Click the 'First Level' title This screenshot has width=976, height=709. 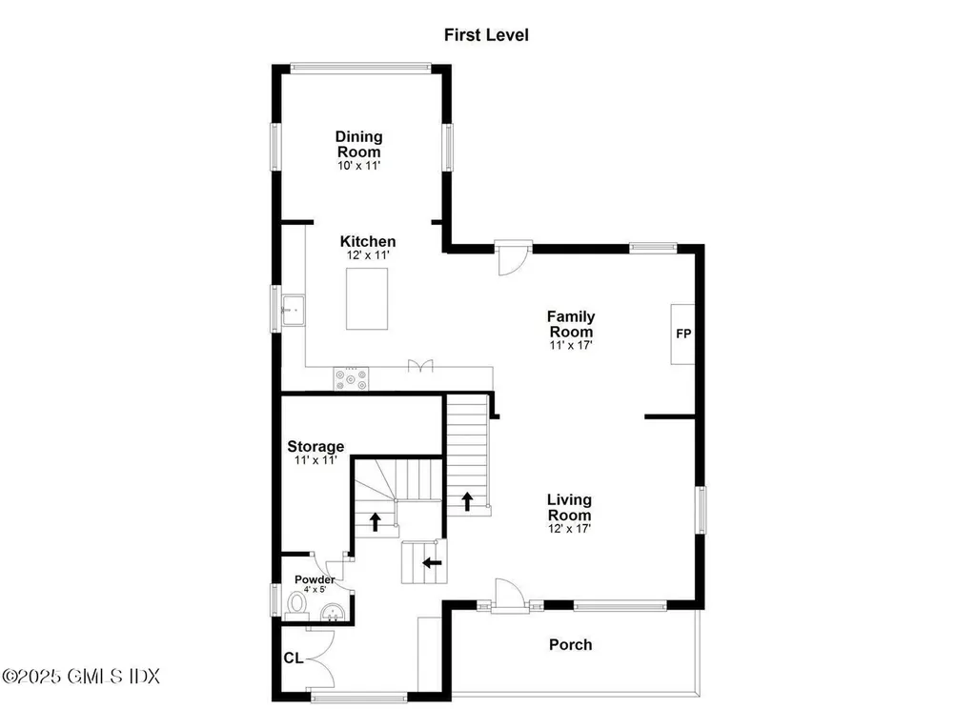coord(486,35)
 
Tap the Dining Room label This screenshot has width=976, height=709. coord(358,144)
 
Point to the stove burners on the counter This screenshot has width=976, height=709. coord(350,379)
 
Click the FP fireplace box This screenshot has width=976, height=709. coord(682,334)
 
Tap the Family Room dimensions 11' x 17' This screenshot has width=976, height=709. coord(570,346)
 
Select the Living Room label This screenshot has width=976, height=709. coord(569,507)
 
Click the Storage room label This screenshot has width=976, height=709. coord(315,446)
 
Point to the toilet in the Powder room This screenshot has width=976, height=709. coord(296,603)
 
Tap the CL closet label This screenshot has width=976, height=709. coord(293,658)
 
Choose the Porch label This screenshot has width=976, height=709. coord(570,645)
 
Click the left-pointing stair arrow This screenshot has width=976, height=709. coord(432,562)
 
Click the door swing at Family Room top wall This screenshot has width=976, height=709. coord(513,258)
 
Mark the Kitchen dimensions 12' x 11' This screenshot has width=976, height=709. coord(367,255)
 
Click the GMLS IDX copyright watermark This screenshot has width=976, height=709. coord(81,677)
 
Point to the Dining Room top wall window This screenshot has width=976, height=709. coord(360,67)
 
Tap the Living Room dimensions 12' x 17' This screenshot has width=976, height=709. coord(569,529)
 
